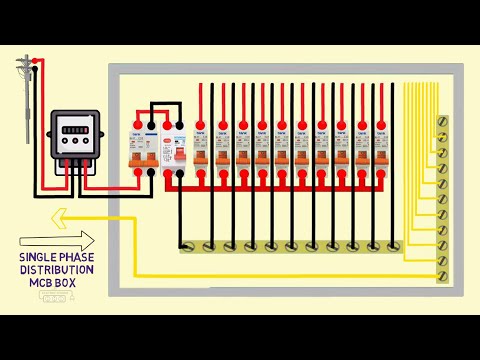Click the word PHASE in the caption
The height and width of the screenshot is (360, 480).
(78, 256)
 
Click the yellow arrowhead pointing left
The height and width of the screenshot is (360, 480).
(60, 215)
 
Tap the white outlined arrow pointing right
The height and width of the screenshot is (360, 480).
(58, 240)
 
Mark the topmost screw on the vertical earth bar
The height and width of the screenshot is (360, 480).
(442, 124)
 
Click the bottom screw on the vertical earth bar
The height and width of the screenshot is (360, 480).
(442, 273)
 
